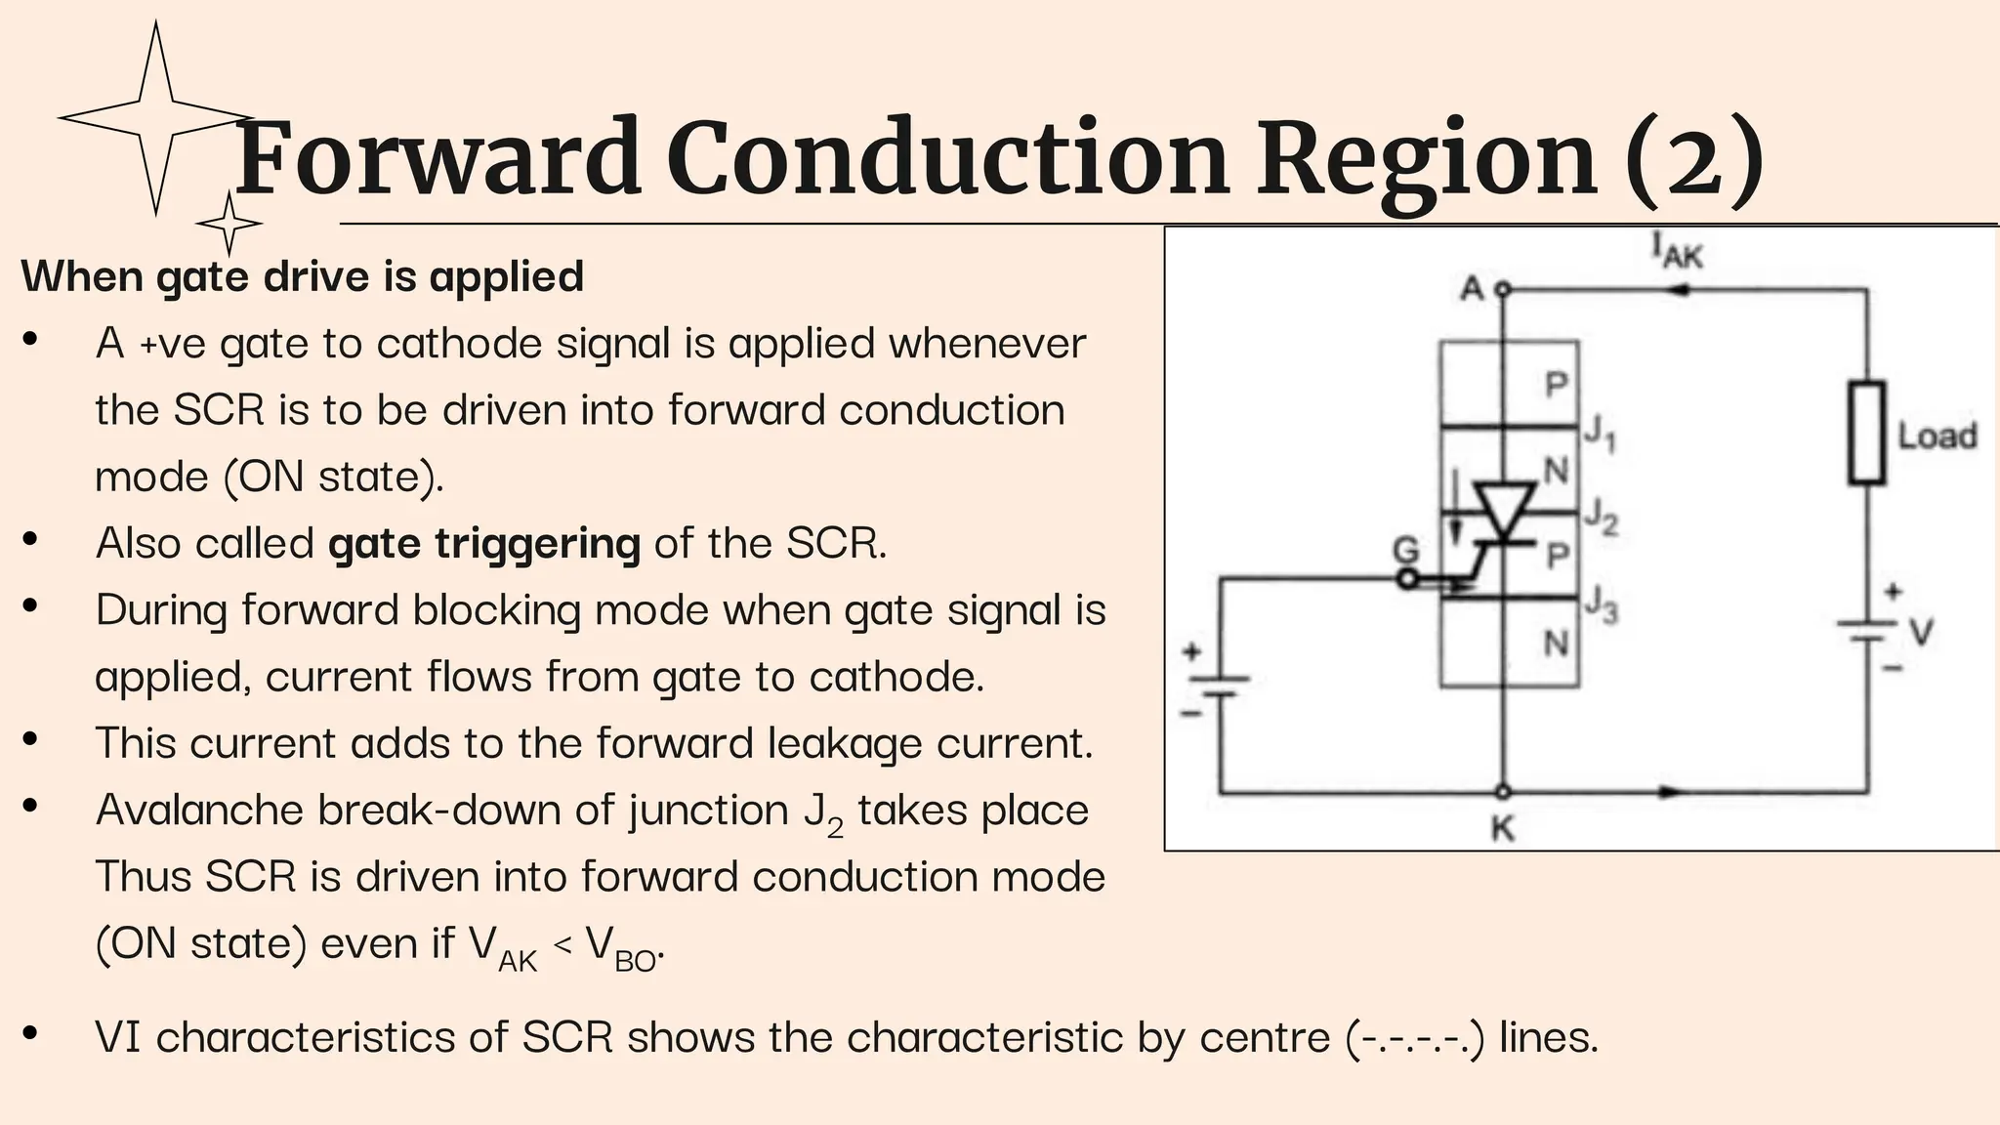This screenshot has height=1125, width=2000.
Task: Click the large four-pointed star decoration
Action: point(156,118)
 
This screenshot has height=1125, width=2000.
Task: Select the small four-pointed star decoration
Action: point(229,224)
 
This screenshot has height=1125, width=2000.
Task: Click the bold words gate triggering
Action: point(484,543)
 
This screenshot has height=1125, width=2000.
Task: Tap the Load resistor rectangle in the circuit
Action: point(1866,434)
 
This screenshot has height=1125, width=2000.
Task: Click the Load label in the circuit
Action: point(1937,436)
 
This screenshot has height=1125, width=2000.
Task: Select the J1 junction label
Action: point(1599,432)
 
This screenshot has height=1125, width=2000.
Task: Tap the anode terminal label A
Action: point(1471,289)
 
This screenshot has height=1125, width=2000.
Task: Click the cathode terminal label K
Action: point(1502,829)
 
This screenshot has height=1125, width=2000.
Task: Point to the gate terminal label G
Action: point(1405,551)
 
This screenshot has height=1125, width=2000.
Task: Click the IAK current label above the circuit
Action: point(1676,250)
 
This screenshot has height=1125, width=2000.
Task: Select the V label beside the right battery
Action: point(1921,633)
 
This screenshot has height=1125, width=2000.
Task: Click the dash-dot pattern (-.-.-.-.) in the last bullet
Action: point(1415,1037)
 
